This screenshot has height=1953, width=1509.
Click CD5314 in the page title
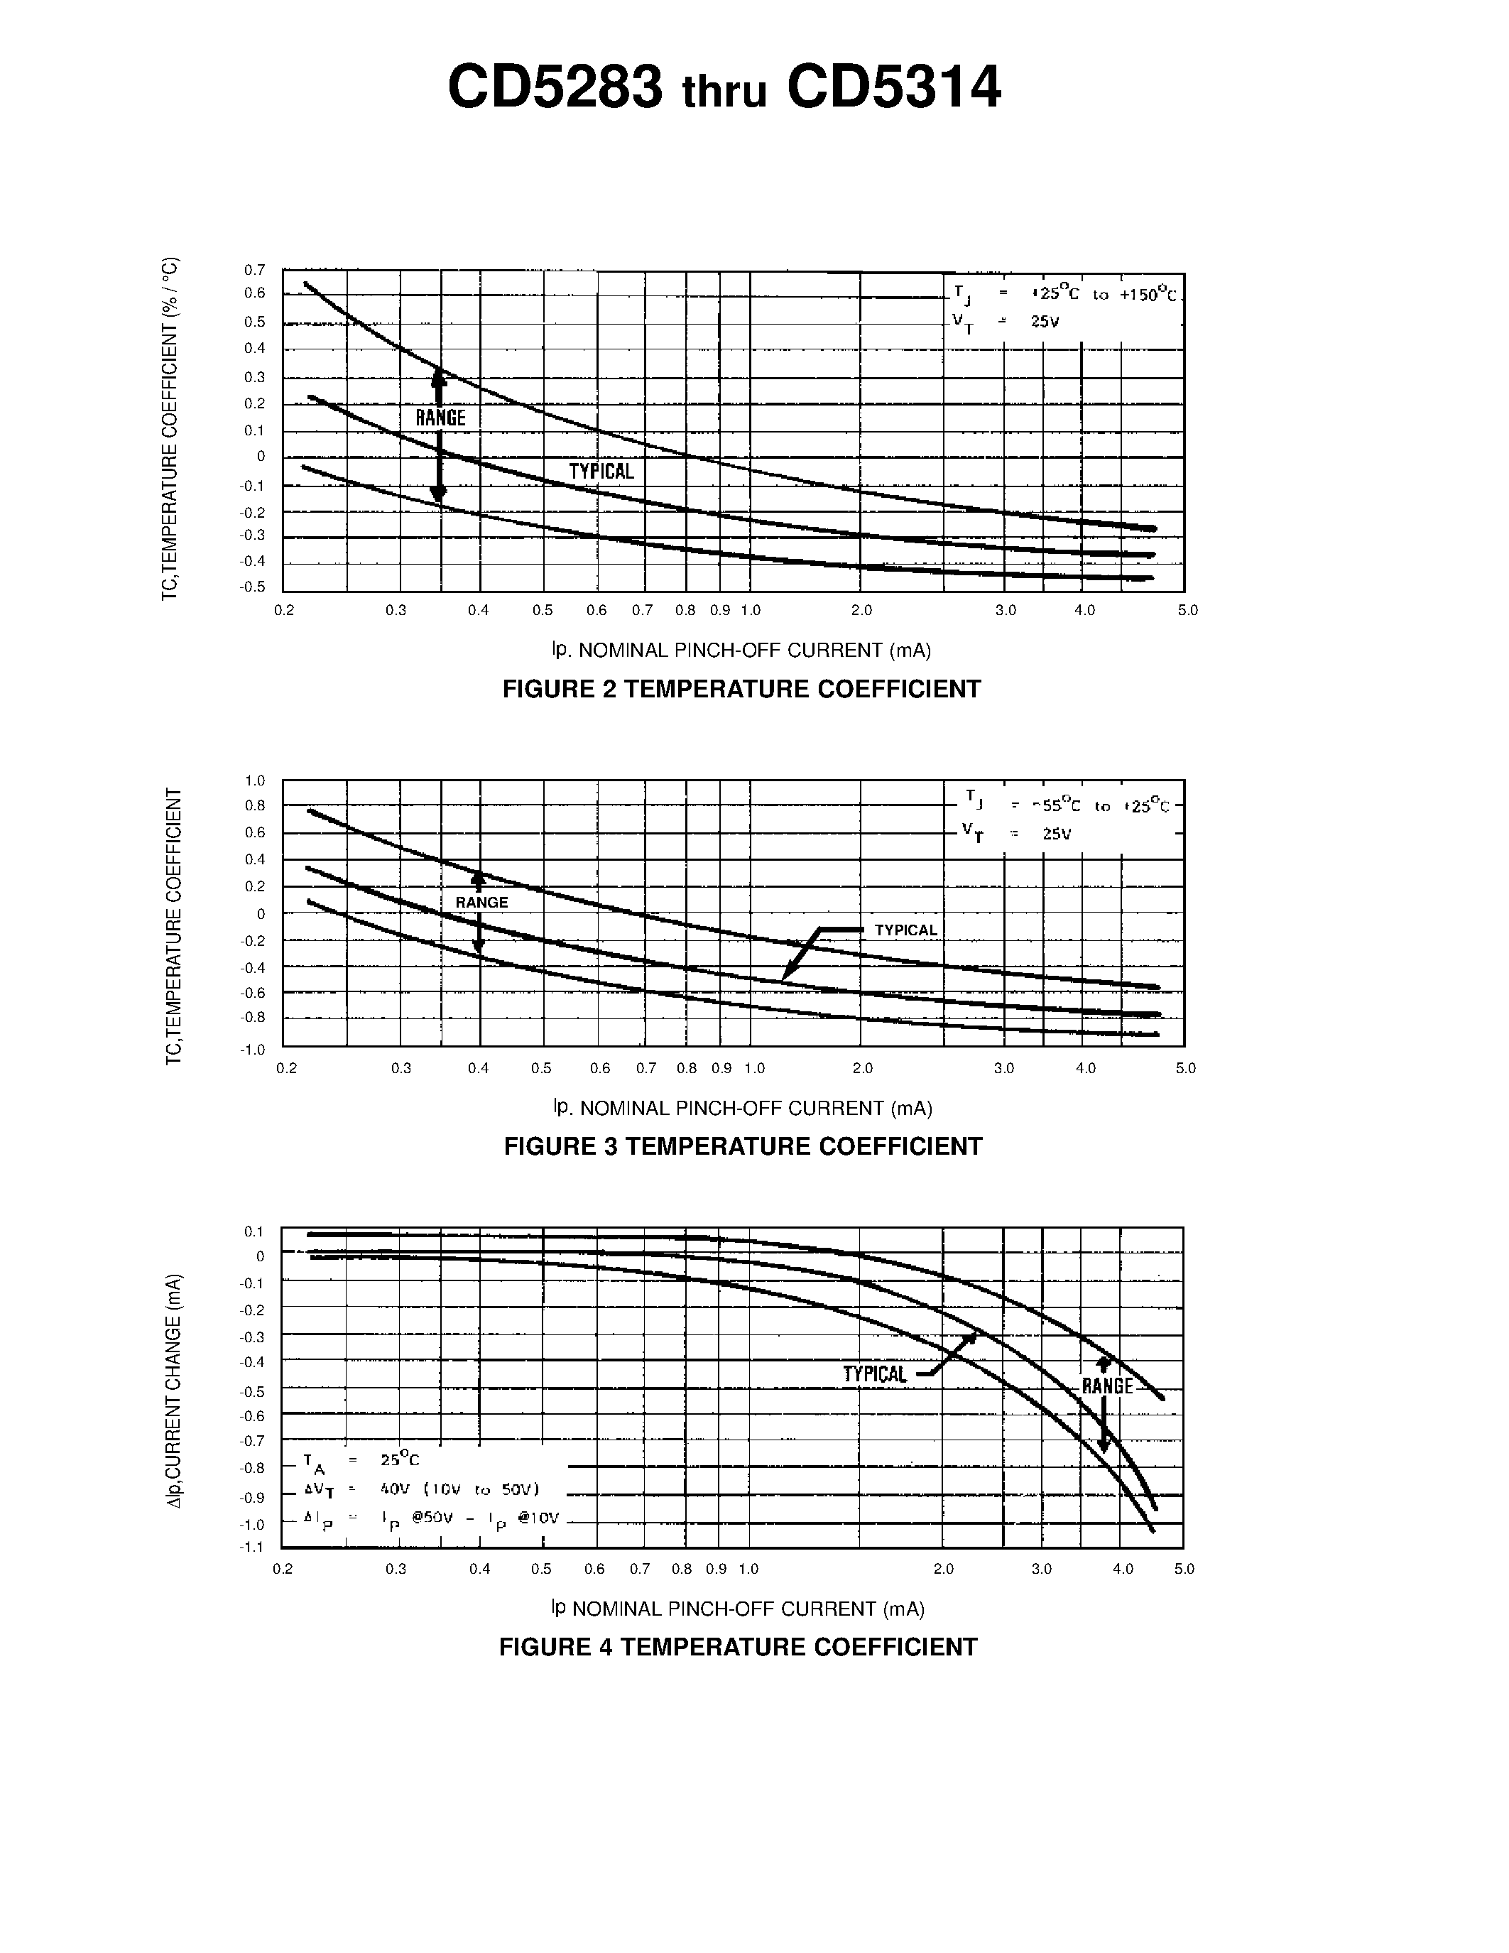click(x=893, y=87)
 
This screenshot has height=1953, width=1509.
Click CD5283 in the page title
click(x=555, y=87)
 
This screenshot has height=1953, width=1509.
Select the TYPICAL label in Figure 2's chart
click(x=601, y=472)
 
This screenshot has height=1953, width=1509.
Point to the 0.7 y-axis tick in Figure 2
click(x=255, y=270)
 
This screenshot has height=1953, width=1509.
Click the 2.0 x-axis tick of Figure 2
click(x=861, y=611)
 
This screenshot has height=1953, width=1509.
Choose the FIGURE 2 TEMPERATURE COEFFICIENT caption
click(x=741, y=690)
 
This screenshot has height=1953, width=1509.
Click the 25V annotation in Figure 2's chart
click(x=1044, y=322)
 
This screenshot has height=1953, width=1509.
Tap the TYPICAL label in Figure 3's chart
click(x=905, y=930)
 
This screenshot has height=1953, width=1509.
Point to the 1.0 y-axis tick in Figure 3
click(x=255, y=780)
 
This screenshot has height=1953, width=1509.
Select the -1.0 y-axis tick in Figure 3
click(x=253, y=1050)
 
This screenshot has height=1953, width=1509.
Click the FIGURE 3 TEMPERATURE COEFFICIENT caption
click(x=743, y=1146)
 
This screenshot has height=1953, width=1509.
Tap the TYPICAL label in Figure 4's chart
click(x=875, y=1374)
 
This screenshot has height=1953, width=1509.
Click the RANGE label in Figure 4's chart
click(x=1107, y=1386)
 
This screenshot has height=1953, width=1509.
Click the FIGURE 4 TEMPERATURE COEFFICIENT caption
click(x=739, y=1647)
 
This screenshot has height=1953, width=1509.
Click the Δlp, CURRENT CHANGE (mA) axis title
click(x=174, y=1391)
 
